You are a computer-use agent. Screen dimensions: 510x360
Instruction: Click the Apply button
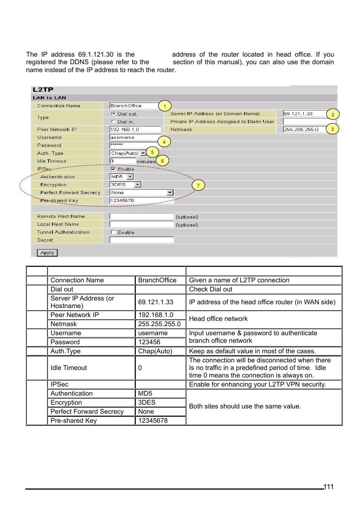tap(47, 253)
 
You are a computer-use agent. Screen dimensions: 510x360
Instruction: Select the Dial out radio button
tap(114, 114)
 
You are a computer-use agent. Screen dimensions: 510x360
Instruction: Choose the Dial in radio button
tap(114, 122)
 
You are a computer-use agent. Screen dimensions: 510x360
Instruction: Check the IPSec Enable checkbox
tap(114, 169)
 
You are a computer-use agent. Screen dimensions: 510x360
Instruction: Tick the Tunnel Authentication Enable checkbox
tap(114, 232)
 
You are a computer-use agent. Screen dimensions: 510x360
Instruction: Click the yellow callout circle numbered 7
tap(198, 185)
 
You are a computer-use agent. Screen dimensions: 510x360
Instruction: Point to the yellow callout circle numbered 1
tap(165, 106)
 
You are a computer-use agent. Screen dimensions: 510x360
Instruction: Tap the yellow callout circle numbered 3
tap(332, 129)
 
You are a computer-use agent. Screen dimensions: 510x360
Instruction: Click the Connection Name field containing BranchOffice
tap(134, 106)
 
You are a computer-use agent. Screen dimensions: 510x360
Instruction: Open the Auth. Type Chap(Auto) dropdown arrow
tap(143, 153)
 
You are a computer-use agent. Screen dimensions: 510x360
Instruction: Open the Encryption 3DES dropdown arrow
tap(138, 185)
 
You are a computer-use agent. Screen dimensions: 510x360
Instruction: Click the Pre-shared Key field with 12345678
tap(142, 200)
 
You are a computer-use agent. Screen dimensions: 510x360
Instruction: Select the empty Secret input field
tap(142, 240)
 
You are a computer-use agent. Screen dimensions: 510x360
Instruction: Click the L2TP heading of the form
tap(43, 89)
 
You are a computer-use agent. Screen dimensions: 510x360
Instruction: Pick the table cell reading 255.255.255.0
tap(160, 324)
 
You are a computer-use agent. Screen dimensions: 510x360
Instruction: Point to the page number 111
tap(328, 487)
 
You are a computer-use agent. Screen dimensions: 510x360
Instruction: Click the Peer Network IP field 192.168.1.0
tap(135, 129)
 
